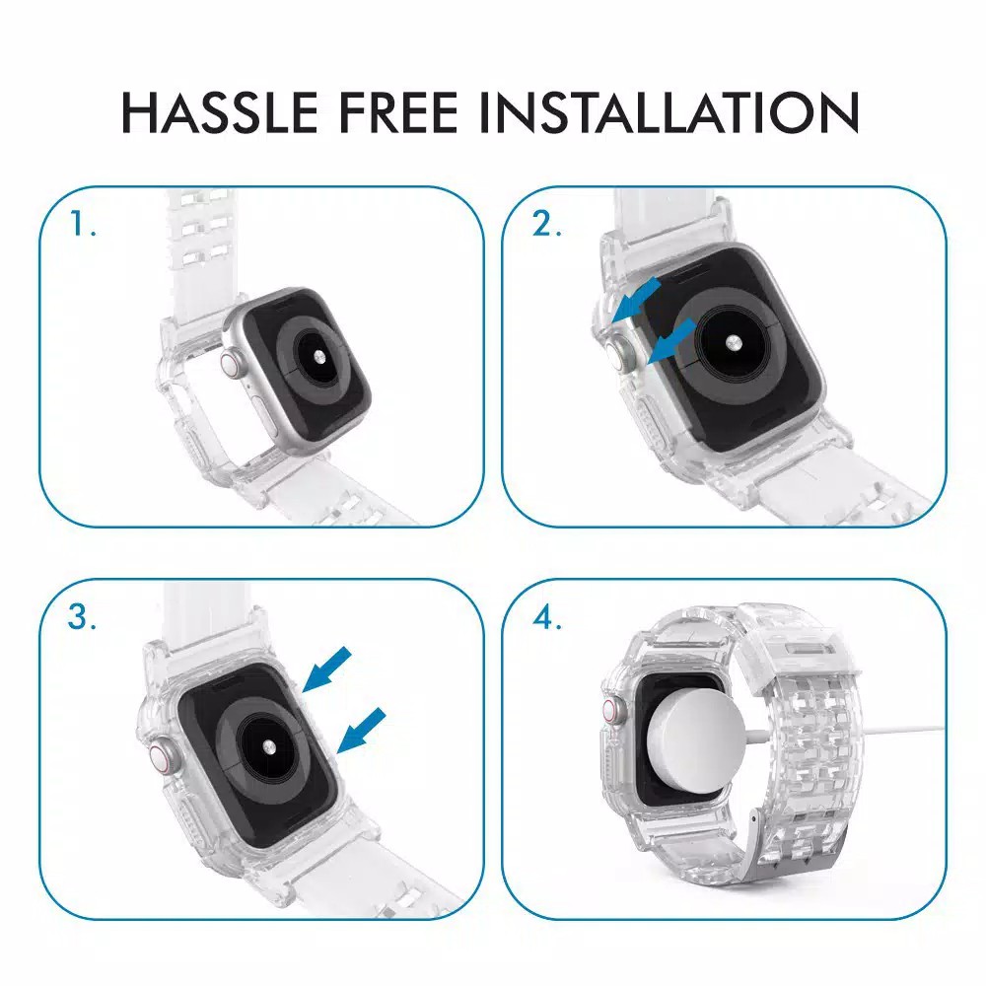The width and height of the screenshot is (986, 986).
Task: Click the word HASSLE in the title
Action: [220, 112]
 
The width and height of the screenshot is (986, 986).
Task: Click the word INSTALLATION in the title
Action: [669, 112]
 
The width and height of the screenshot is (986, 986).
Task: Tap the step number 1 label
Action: [83, 225]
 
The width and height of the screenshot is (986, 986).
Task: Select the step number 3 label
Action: [82, 616]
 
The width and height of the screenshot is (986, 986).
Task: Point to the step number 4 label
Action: [546, 617]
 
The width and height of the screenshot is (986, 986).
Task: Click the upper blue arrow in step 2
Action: [636, 301]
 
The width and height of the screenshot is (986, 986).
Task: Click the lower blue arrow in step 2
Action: [671, 340]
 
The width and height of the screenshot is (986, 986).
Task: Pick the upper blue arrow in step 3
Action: [327, 669]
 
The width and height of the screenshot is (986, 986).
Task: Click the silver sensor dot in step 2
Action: [732, 343]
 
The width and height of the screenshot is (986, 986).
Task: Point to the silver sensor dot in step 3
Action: [270, 746]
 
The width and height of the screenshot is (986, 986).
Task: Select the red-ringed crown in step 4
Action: [610, 711]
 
